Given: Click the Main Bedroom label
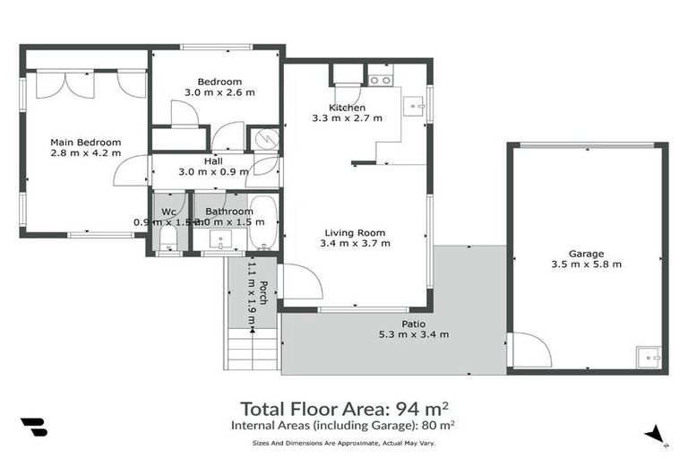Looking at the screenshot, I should click(x=85, y=142).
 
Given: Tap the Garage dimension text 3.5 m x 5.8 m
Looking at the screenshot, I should click(x=587, y=264).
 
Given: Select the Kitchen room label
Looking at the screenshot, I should click(x=347, y=108).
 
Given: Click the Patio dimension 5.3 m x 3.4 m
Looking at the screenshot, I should click(x=413, y=334).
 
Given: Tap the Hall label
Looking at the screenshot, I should click(x=213, y=160).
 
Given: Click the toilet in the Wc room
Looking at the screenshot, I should click(x=168, y=238).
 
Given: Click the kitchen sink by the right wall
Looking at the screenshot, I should click(x=415, y=107).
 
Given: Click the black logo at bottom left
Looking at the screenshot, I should click(x=33, y=427).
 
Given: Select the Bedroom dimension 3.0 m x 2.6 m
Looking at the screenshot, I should click(x=219, y=92).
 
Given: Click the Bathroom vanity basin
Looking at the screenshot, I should click(x=220, y=239).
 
